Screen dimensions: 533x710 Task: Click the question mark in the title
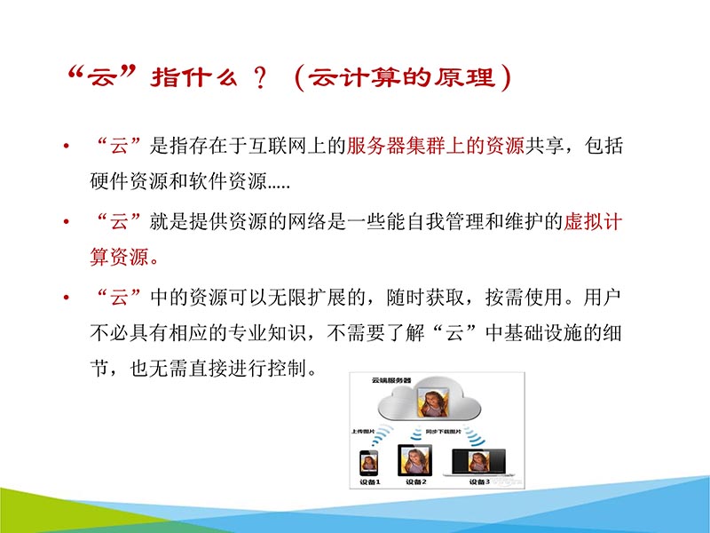click(x=259, y=78)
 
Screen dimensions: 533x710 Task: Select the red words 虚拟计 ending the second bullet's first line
click(x=593, y=222)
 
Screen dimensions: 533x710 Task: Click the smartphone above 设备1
click(x=368, y=462)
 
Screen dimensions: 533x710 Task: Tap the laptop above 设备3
click(x=478, y=461)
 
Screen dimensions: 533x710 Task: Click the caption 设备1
click(x=368, y=481)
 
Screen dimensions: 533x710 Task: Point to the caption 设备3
click(x=477, y=481)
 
